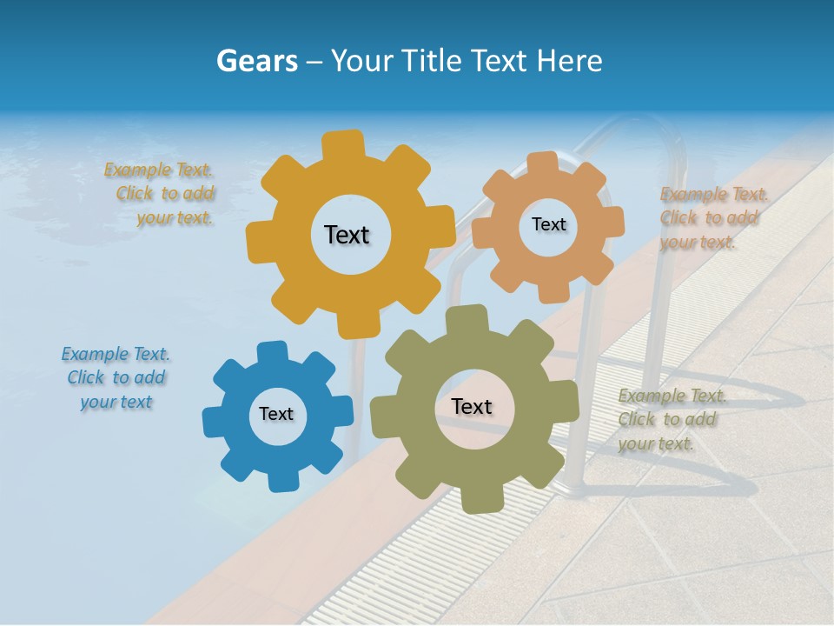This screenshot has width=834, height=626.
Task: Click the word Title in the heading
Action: pos(434,61)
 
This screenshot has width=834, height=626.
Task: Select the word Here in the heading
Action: pos(569,61)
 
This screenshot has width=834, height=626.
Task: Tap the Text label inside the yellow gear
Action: pos(347,235)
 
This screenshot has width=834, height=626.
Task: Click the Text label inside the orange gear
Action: pos(548,224)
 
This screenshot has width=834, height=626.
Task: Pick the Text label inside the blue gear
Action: pos(276,414)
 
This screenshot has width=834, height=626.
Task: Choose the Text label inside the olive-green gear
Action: pos(472,406)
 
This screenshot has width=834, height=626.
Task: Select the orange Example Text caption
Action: pos(712,217)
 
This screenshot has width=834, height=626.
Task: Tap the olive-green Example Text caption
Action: pos(670,419)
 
